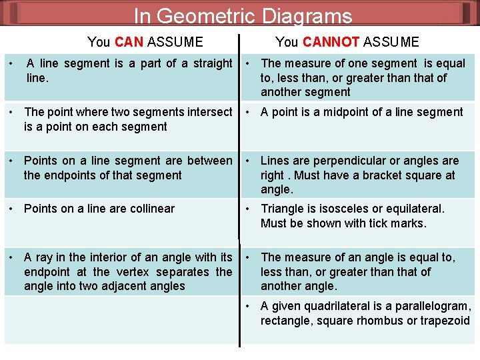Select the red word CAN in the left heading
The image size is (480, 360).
[129, 42]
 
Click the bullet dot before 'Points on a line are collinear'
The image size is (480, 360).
[12, 209]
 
